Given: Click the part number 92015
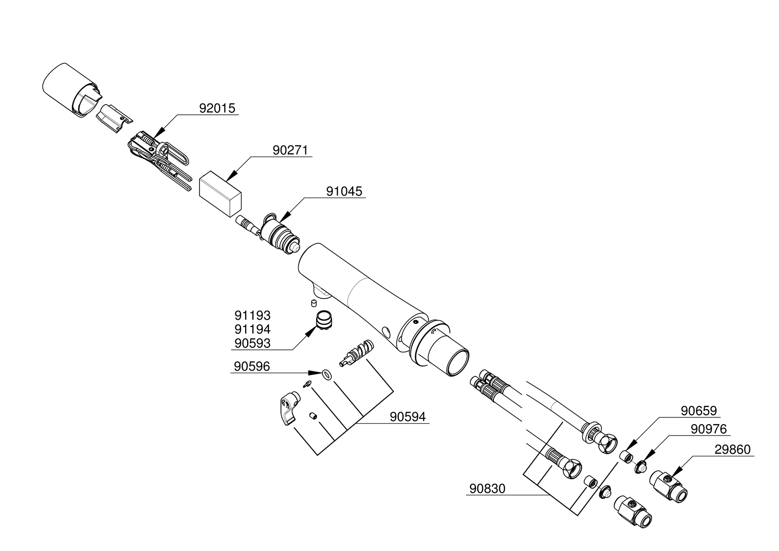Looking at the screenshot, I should [x=217, y=108].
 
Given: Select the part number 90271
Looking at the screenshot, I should [x=290, y=150].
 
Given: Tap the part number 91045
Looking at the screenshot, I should [x=344, y=191].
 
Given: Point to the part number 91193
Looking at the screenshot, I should [x=252, y=316].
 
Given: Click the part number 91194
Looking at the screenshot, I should [x=252, y=330].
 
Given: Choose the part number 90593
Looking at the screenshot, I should [x=252, y=344].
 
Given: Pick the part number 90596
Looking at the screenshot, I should [x=252, y=367].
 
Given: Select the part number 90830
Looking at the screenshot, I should [x=487, y=489].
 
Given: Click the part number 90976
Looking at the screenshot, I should [x=708, y=429].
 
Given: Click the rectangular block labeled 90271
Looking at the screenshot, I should [x=221, y=192].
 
